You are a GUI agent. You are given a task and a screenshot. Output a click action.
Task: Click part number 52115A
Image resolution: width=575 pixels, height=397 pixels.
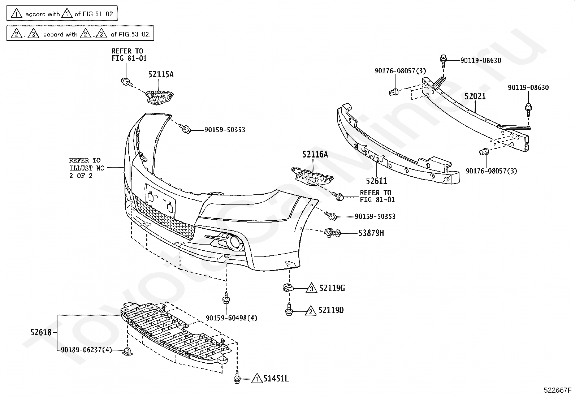(x=161, y=74)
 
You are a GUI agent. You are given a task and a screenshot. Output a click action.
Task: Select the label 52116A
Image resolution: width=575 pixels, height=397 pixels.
(x=315, y=154)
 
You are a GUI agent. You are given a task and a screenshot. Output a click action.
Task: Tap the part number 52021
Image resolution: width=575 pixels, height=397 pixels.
(x=475, y=96)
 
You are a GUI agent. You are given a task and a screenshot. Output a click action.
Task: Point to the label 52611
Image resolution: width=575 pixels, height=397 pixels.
(x=376, y=181)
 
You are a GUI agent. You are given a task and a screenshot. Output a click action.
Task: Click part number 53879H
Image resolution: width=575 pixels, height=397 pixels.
(x=371, y=233)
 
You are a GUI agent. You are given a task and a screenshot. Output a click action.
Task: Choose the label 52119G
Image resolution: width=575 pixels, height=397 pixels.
(x=332, y=288)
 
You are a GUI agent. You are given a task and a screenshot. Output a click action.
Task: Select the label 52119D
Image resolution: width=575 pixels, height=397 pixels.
(x=331, y=310)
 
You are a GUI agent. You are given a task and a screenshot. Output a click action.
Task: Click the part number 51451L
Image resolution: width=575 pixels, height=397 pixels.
(x=276, y=379)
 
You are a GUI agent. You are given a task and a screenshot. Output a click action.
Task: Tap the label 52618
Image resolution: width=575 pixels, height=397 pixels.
(x=41, y=332)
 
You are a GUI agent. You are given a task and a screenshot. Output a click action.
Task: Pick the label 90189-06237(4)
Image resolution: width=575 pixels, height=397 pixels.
(x=86, y=350)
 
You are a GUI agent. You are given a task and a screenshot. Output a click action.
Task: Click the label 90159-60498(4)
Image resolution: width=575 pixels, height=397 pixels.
(x=232, y=318)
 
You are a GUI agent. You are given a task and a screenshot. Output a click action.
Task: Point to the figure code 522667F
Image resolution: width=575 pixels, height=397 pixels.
(x=558, y=390)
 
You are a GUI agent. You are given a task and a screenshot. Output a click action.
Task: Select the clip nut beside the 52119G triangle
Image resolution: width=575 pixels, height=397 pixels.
(x=288, y=288)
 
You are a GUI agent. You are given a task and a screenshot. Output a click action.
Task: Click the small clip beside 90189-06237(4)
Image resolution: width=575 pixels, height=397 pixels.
(x=127, y=351)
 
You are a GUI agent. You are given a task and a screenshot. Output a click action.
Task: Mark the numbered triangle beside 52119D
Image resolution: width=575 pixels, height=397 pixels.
(x=311, y=311)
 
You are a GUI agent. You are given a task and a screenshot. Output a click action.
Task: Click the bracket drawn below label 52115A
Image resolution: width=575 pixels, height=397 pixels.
(x=159, y=97)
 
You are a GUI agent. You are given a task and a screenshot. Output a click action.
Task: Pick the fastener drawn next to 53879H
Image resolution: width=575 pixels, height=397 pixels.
(x=332, y=233)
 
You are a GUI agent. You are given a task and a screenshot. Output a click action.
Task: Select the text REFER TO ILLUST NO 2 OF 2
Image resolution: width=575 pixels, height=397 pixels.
(x=87, y=168)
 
